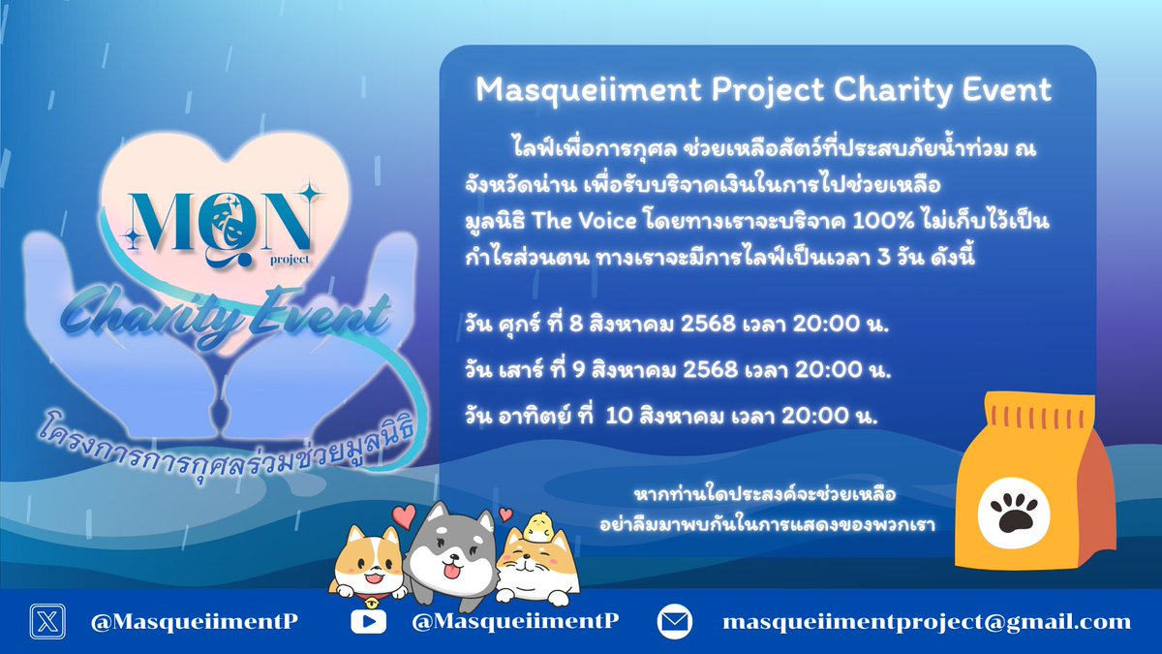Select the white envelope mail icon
[676, 621]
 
